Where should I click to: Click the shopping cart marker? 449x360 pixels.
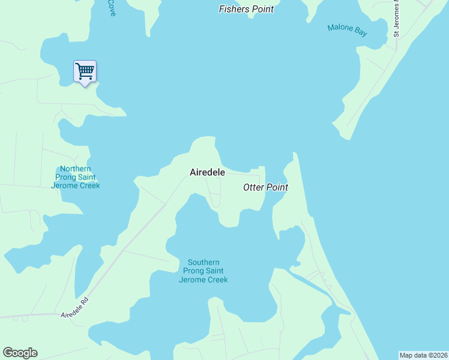click(85, 71)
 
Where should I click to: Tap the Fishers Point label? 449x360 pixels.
click(246, 9)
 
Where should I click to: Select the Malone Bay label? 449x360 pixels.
click(347, 30)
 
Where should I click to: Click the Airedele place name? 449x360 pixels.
click(207, 172)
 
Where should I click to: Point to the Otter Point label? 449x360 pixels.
click(265, 187)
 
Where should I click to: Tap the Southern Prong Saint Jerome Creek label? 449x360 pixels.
click(203, 271)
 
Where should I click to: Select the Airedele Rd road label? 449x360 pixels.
click(74, 307)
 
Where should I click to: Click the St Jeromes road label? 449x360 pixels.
click(396, 21)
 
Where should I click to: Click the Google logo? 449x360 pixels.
click(20, 353)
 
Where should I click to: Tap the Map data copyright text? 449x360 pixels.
click(423, 355)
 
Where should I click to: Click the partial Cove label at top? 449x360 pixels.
click(111, 7)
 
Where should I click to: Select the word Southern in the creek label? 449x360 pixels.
click(203, 262)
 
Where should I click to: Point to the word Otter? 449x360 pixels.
click(253, 187)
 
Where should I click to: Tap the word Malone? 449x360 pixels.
click(339, 28)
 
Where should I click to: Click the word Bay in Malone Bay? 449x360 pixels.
click(360, 33)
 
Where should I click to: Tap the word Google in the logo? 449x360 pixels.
click(20, 353)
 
